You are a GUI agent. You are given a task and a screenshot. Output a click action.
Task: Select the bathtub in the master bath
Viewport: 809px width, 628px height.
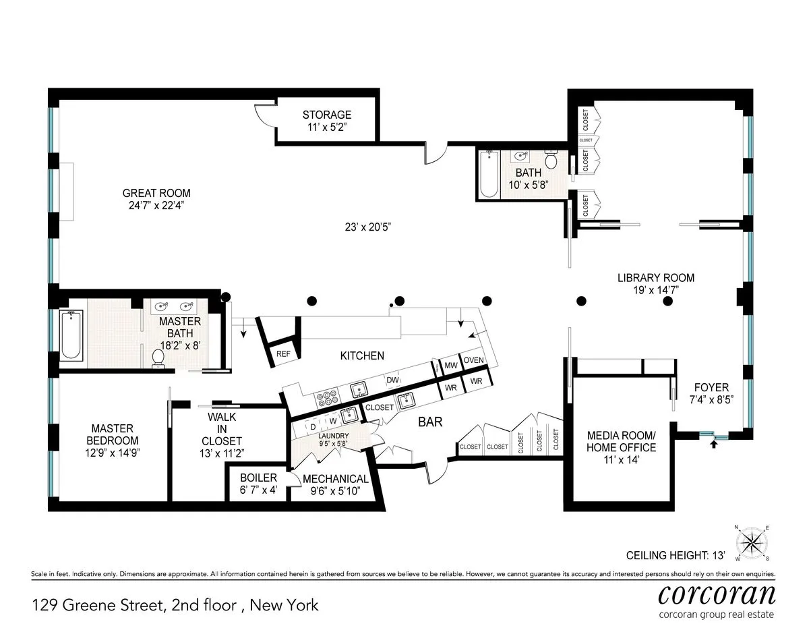(71, 335)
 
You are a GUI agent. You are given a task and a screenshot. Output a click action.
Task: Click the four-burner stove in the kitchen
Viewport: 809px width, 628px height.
(328, 397)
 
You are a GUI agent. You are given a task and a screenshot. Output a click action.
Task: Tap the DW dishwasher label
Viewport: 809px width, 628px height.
(392, 380)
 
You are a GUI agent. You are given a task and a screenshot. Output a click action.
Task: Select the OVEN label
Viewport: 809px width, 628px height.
(473, 361)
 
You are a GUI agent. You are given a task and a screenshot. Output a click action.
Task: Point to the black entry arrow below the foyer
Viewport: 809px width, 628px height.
(715, 443)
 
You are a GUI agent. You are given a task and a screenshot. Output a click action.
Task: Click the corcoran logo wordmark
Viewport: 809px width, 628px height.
(716, 595)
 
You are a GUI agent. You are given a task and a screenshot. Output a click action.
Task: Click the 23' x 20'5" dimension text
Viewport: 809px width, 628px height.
(367, 227)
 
